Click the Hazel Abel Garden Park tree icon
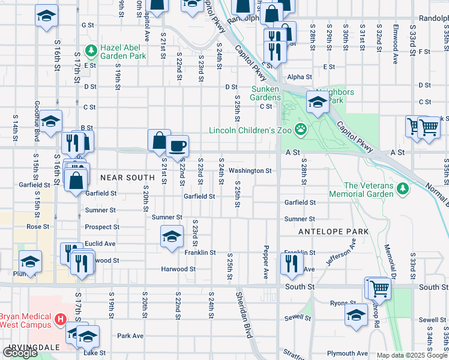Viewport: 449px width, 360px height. [x=91, y=50]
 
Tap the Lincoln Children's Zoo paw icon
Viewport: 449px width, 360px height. [x=300, y=129]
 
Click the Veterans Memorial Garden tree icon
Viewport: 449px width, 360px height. [x=403, y=189]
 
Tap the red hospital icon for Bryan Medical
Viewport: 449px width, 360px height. [x=60, y=319]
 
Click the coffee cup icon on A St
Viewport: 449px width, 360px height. [x=176, y=146]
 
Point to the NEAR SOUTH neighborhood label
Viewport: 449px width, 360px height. [x=127, y=178]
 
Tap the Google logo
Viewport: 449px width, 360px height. [x=20, y=353]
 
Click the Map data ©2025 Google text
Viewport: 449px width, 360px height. [x=411, y=355]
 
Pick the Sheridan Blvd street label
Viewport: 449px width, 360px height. [x=247, y=315]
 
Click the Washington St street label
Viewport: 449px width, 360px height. [x=250, y=170]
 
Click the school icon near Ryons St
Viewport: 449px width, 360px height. [x=356, y=314]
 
